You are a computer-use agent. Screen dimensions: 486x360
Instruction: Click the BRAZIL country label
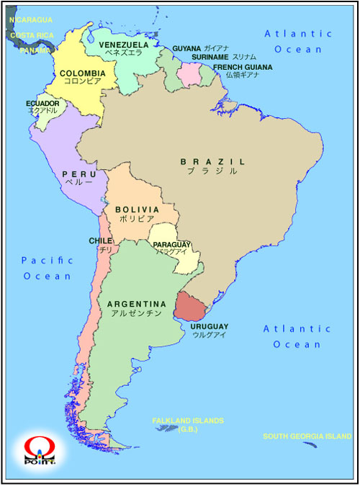click(x=212, y=162)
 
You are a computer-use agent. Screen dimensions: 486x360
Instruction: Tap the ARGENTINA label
click(x=137, y=305)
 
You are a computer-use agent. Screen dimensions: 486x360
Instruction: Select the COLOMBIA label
click(x=82, y=73)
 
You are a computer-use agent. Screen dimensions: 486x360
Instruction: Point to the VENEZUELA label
click(x=123, y=45)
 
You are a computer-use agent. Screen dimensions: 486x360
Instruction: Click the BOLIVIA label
click(x=137, y=210)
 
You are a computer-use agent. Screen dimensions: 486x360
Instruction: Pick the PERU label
click(x=79, y=174)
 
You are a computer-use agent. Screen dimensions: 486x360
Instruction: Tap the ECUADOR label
click(x=42, y=104)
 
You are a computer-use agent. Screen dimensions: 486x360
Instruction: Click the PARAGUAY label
click(x=171, y=245)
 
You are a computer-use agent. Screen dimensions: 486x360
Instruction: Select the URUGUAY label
click(x=210, y=327)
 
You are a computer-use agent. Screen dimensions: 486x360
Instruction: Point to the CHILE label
click(x=101, y=240)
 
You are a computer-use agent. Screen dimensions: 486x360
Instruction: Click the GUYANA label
click(x=186, y=49)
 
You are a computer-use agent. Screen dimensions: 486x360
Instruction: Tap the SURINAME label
click(x=210, y=57)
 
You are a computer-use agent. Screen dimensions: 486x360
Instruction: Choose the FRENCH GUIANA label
click(x=243, y=67)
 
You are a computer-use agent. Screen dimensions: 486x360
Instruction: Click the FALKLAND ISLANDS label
click(x=188, y=420)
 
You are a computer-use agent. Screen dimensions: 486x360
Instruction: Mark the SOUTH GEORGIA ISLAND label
click(x=307, y=436)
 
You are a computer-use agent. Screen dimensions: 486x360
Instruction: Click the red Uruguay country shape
click(x=191, y=308)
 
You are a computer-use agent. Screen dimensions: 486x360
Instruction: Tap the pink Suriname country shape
click(x=192, y=73)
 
